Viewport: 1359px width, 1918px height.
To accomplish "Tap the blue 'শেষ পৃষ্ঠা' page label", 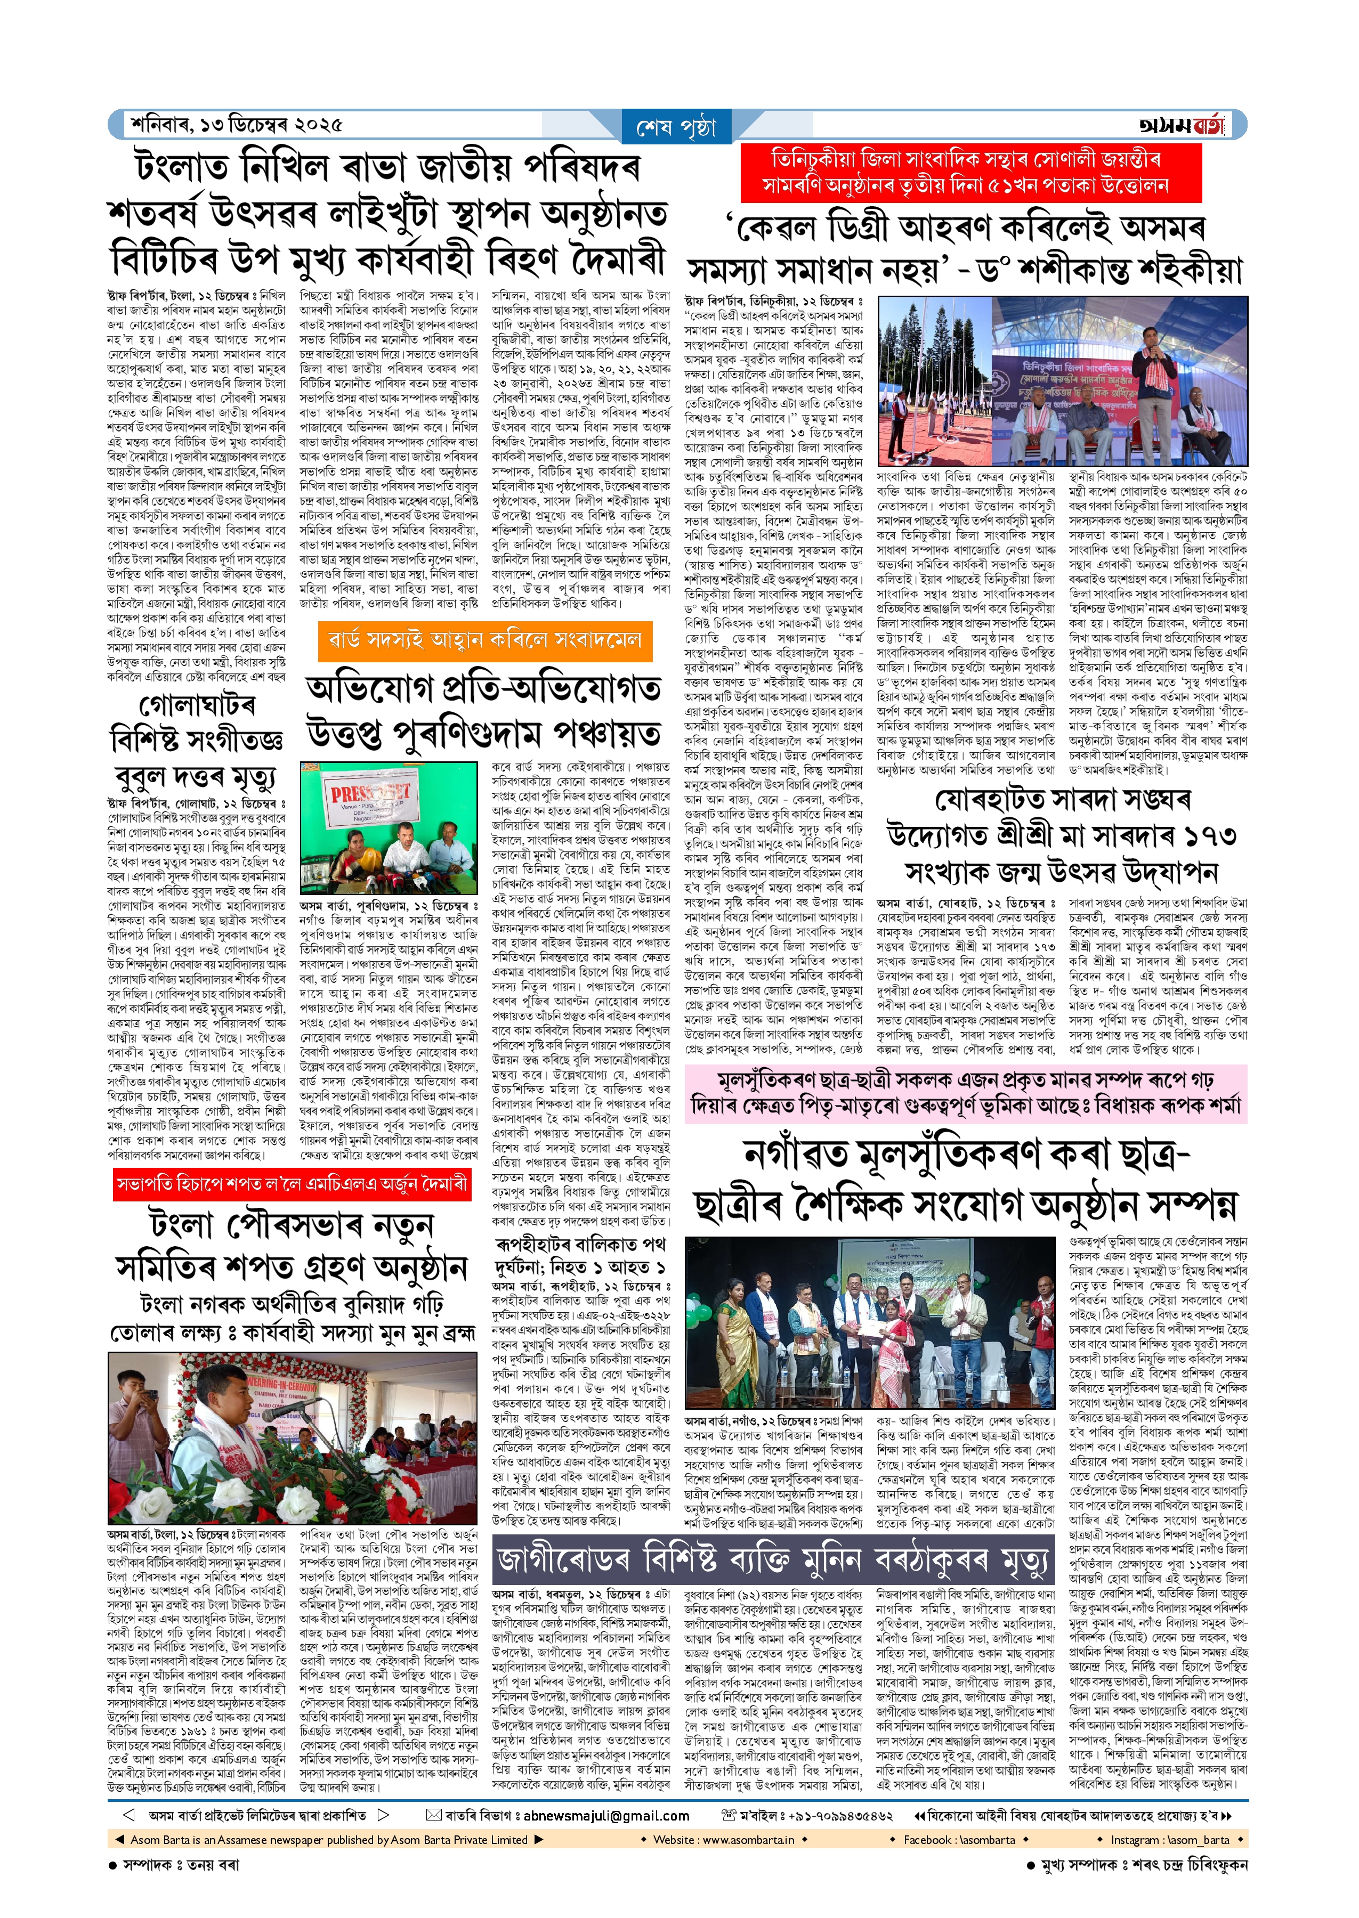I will (x=676, y=127).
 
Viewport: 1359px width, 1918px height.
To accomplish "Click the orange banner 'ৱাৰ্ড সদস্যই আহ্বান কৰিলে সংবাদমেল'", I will (x=480, y=641).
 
